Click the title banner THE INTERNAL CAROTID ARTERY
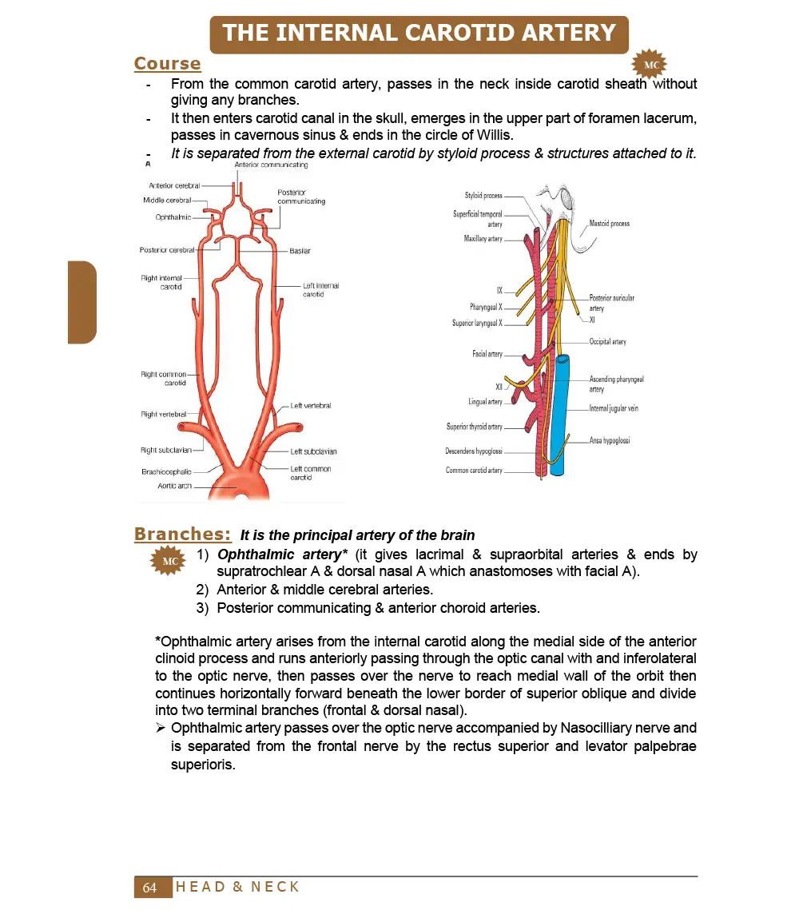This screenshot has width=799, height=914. [x=419, y=34]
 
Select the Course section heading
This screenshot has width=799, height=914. [x=167, y=64]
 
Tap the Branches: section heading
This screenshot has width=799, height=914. [x=183, y=534]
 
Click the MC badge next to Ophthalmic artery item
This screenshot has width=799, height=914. [x=170, y=562]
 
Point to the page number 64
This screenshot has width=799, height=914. [x=150, y=888]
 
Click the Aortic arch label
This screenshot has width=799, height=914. [x=174, y=486]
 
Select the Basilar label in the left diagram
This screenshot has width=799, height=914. [x=300, y=251]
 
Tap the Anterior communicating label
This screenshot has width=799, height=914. [x=271, y=165]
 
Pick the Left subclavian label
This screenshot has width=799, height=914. [x=313, y=451]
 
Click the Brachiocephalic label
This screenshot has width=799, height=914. [x=166, y=471]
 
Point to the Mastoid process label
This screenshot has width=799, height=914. [x=609, y=224]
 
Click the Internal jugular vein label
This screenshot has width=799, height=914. [x=614, y=408]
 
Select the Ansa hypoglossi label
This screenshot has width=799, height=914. [x=610, y=440]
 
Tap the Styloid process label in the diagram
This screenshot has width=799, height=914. [x=483, y=196]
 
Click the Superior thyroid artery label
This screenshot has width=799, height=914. [x=474, y=427]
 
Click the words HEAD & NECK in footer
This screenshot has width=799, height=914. [x=237, y=887]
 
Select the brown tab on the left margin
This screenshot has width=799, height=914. [x=82, y=302]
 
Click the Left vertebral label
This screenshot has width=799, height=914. [x=310, y=406]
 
